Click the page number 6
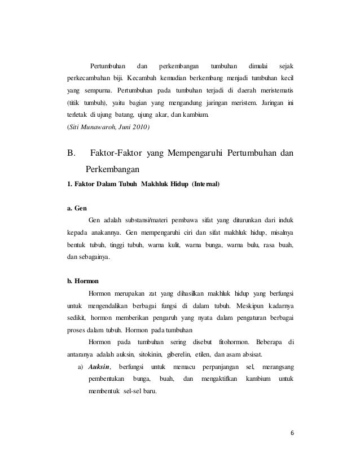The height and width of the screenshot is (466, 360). click(x=292, y=433)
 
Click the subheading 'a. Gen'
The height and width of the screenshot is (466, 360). click(x=75, y=208)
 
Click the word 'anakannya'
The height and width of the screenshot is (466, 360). click(x=107, y=232)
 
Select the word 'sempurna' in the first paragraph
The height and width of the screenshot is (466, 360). click(x=96, y=91)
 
